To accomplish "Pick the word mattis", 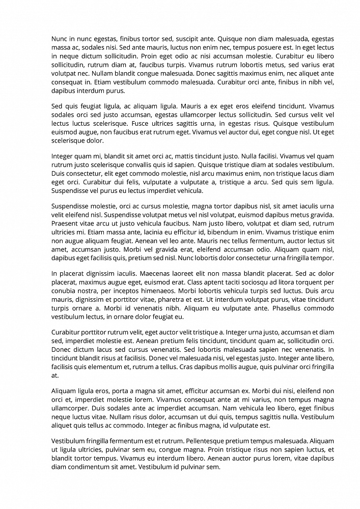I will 174,156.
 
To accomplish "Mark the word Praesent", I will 66,223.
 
